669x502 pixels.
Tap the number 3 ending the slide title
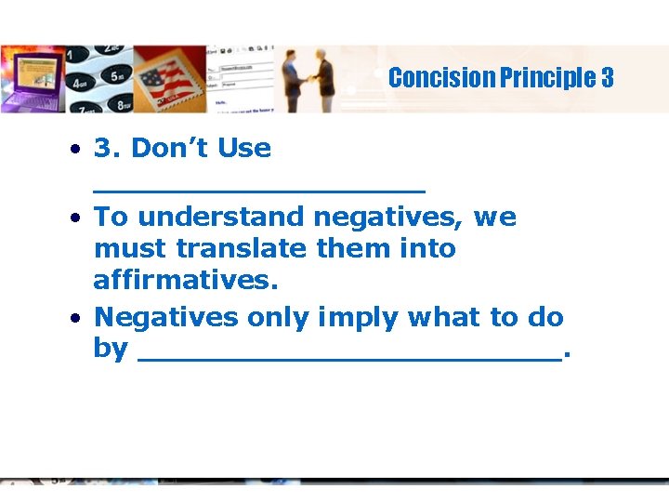click(x=608, y=78)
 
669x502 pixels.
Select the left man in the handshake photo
click(x=294, y=82)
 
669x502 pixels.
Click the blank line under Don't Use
click(x=259, y=191)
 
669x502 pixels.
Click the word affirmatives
click(x=186, y=281)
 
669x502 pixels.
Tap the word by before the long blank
click(x=111, y=350)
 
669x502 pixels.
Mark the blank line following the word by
click(x=349, y=357)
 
